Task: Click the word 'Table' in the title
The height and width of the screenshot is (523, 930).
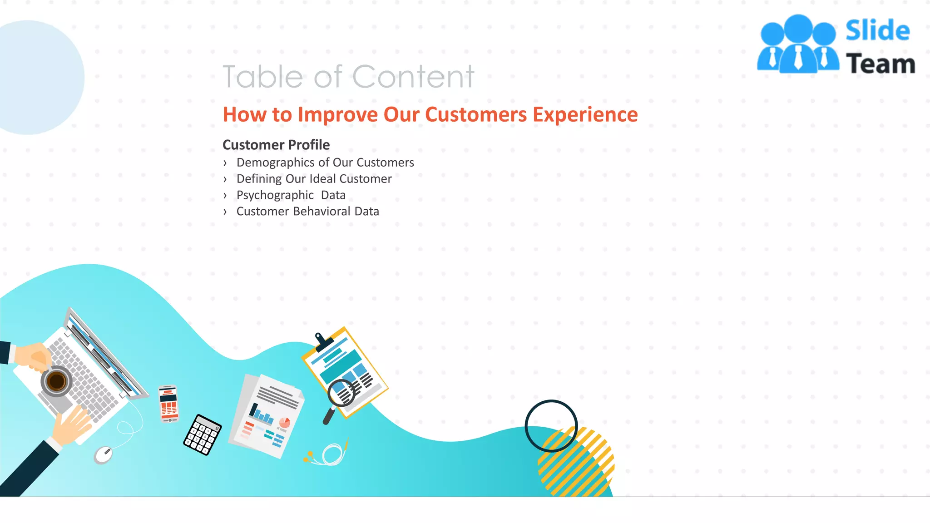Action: tap(262, 77)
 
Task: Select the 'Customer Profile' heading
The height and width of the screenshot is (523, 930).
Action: tap(276, 145)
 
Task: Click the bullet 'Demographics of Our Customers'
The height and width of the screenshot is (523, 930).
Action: tap(325, 163)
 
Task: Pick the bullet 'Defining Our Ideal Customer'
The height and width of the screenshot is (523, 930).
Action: tap(314, 179)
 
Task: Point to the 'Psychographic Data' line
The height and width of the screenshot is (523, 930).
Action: tap(291, 195)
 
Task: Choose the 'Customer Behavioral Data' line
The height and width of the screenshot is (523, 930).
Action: tap(307, 212)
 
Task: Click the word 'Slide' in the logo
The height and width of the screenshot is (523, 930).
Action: tap(877, 31)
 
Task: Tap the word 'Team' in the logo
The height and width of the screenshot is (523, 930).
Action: tap(880, 64)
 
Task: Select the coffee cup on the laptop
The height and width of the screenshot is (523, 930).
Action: tap(57, 381)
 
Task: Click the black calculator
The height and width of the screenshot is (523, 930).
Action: tap(203, 434)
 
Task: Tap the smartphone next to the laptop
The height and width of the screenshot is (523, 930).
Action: tap(168, 403)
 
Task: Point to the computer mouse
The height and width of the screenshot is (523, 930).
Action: tap(104, 454)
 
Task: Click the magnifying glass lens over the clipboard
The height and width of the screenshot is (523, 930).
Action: tap(341, 392)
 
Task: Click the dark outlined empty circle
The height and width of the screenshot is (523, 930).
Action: tap(551, 426)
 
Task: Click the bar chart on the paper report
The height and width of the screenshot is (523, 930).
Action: tap(262, 413)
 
